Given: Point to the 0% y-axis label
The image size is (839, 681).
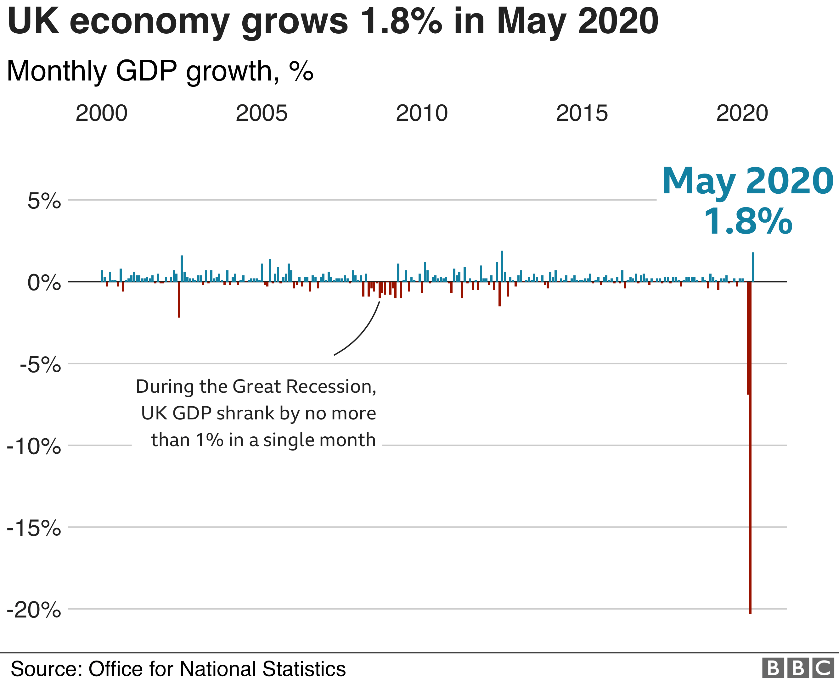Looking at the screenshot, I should [x=44, y=283].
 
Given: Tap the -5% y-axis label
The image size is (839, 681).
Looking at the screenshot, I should [x=40, y=365].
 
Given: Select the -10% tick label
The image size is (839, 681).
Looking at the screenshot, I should [x=34, y=447].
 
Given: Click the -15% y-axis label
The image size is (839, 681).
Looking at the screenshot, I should [x=34, y=529].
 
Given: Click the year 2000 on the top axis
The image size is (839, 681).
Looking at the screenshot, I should [x=101, y=113].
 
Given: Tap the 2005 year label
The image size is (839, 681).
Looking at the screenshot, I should [x=262, y=113].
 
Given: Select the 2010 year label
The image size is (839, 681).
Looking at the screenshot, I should [x=422, y=113].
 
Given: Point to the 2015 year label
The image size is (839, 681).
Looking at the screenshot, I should [x=582, y=113].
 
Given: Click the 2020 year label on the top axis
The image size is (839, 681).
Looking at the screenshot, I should [x=742, y=113].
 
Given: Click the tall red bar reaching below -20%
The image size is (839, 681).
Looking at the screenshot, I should [x=750, y=471].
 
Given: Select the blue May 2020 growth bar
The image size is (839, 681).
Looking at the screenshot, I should [x=753, y=267].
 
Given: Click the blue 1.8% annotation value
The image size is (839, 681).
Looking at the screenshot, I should [x=748, y=222].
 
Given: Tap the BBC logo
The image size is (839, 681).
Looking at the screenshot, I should [x=797, y=668].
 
